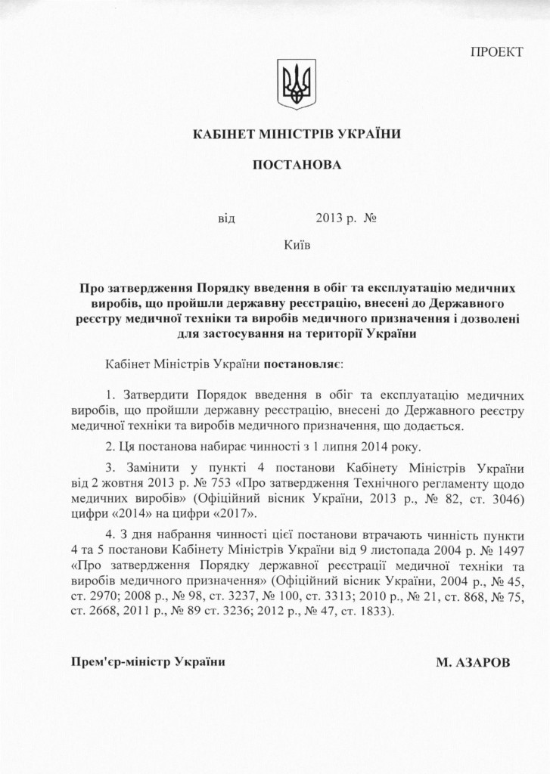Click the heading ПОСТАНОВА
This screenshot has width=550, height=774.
(x=297, y=165)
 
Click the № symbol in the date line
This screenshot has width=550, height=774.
(x=370, y=221)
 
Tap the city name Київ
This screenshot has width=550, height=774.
(x=297, y=244)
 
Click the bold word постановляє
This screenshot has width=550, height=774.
(x=302, y=364)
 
